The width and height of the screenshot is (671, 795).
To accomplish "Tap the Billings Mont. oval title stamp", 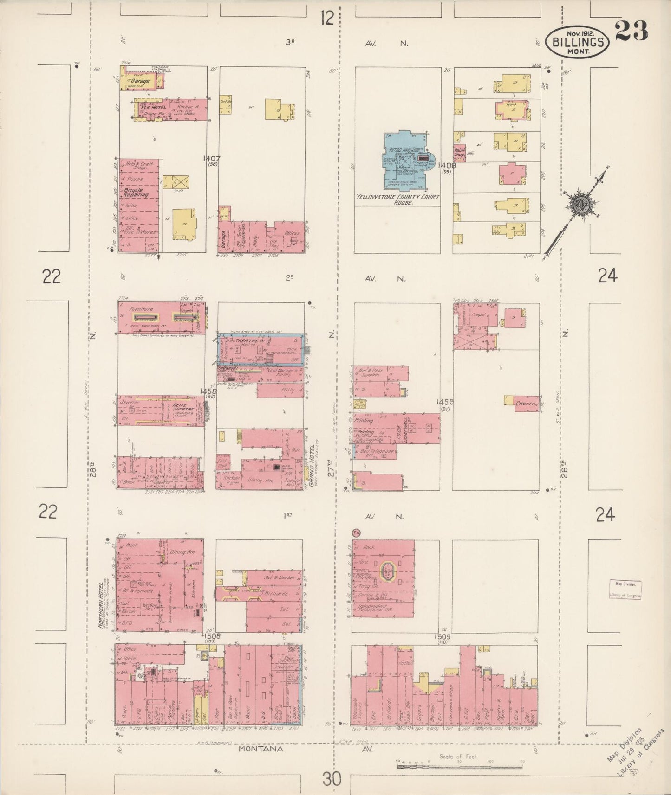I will pos(579,42).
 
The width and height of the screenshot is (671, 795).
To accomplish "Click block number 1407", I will pos(211,159).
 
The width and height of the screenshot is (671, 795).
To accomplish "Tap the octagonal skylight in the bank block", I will pos(386,571).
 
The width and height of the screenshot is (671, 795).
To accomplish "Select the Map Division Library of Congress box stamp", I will pos(625,590).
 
